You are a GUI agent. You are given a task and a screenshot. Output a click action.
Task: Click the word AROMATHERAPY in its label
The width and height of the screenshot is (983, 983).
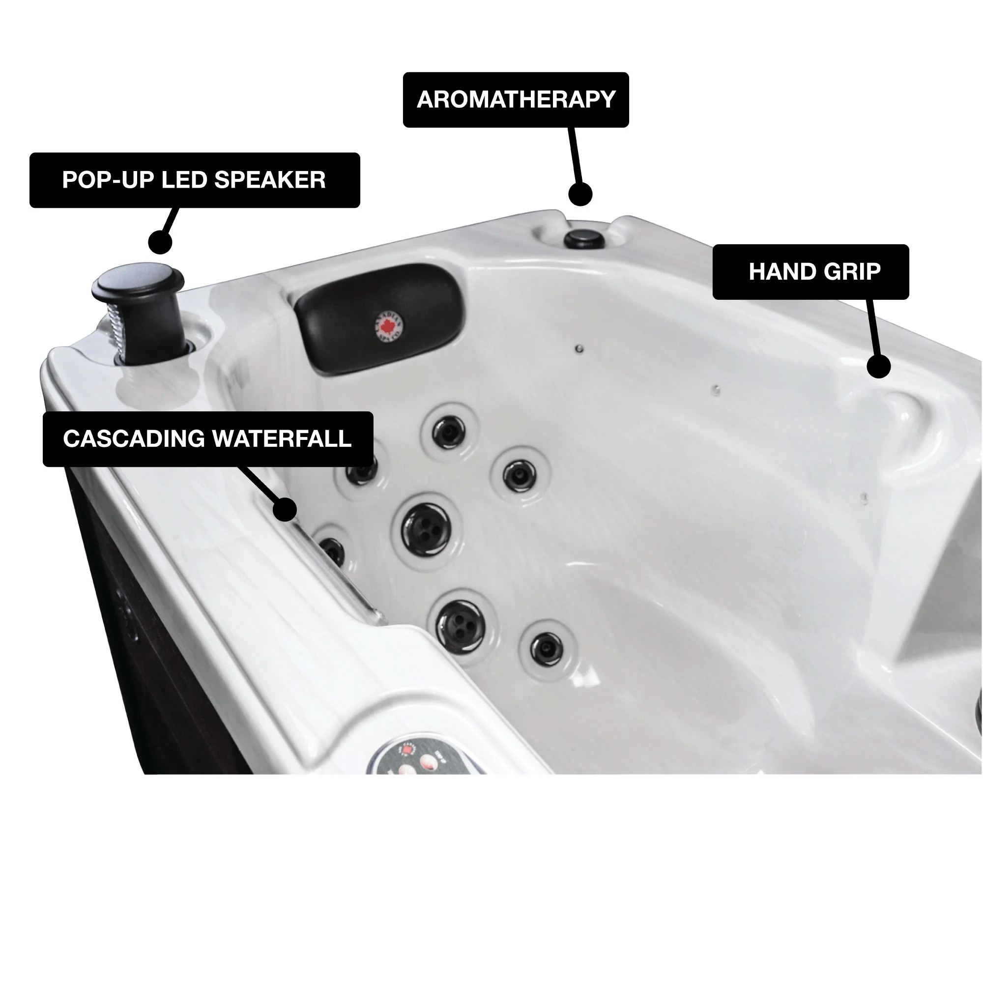coord(516,100)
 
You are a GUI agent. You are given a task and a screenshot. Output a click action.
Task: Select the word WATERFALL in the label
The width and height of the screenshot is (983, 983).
coord(281,438)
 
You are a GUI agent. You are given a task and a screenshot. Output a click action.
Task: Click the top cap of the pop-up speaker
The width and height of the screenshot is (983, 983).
coord(138,279)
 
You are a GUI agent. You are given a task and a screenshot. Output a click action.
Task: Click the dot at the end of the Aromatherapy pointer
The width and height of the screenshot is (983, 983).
coord(580,194)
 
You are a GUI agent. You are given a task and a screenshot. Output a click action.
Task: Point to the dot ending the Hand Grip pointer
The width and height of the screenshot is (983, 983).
coord(878,366)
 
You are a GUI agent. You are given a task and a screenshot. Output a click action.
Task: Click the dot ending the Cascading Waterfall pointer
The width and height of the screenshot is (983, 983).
coord(285,509)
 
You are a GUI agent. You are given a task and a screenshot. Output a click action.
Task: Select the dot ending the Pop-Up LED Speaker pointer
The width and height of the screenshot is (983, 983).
coord(160,242)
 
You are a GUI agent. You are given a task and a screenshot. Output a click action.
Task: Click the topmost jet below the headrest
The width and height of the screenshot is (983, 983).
coord(449,433)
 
